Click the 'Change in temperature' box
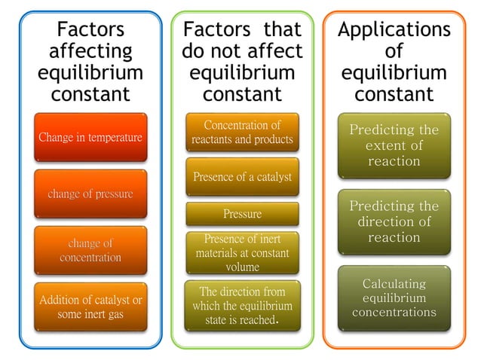[x=90, y=138]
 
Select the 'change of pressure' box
[x=90, y=194]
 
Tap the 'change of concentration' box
[x=90, y=250]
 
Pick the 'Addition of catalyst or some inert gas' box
[x=90, y=307]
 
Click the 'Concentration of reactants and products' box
[x=242, y=132]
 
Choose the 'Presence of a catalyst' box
[x=242, y=177]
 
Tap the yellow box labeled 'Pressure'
[x=242, y=214]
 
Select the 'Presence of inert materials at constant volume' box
[x=242, y=252]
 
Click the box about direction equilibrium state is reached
[x=242, y=305]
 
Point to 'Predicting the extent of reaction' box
[x=394, y=145]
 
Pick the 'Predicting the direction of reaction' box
[x=394, y=221]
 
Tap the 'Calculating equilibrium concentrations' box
[x=394, y=297]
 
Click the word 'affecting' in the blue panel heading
[x=90, y=53]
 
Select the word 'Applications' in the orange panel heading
[x=394, y=30]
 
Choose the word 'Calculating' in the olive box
[x=394, y=284]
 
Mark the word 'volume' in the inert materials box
[x=242, y=267]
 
